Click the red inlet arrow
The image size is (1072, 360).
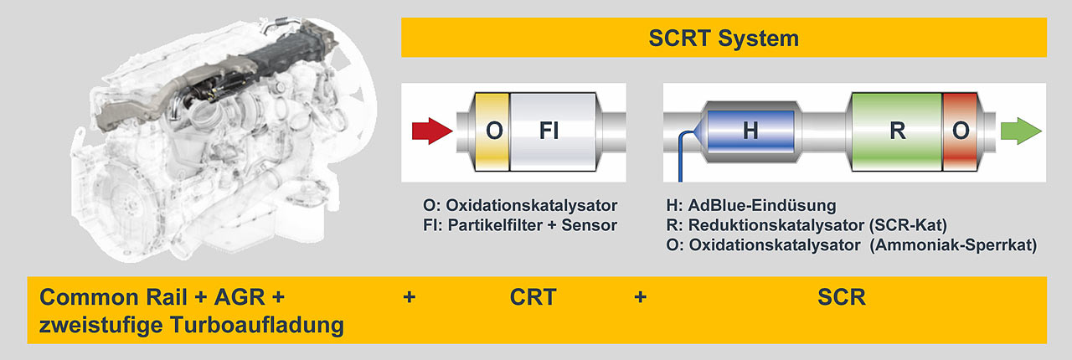(x=432, y=131)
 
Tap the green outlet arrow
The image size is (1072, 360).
(x=1021, y=131)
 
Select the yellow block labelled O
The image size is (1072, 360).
(x=492, y=131)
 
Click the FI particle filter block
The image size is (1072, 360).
(x=553, y=131)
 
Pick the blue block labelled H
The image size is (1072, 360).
(x=750, y=131)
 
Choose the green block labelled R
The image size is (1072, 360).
(x=897, y=131)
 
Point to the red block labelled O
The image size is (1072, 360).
(x=960, y=131)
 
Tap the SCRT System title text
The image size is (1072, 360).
(x=724, y=38)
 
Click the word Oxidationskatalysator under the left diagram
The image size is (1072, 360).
(x=531, y=205)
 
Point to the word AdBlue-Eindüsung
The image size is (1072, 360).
(x=762, y=205)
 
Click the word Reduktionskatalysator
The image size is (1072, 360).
(x=776, y=225)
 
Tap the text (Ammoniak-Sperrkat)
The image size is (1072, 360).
(x=953, y=245)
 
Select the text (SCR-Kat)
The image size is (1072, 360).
(x=908, y=225)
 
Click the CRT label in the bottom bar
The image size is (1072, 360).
(x=533, y=297)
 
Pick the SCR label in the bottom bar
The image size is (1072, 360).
(x=842, y=297)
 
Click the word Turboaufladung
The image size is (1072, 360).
(x=257, y=325)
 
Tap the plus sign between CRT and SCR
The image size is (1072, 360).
(x=641, y=297)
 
